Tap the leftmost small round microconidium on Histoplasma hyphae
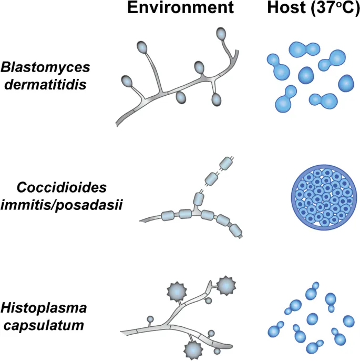tap(150, 320)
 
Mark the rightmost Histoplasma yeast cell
tap(349, 320)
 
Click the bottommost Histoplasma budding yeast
tap(315, 346)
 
